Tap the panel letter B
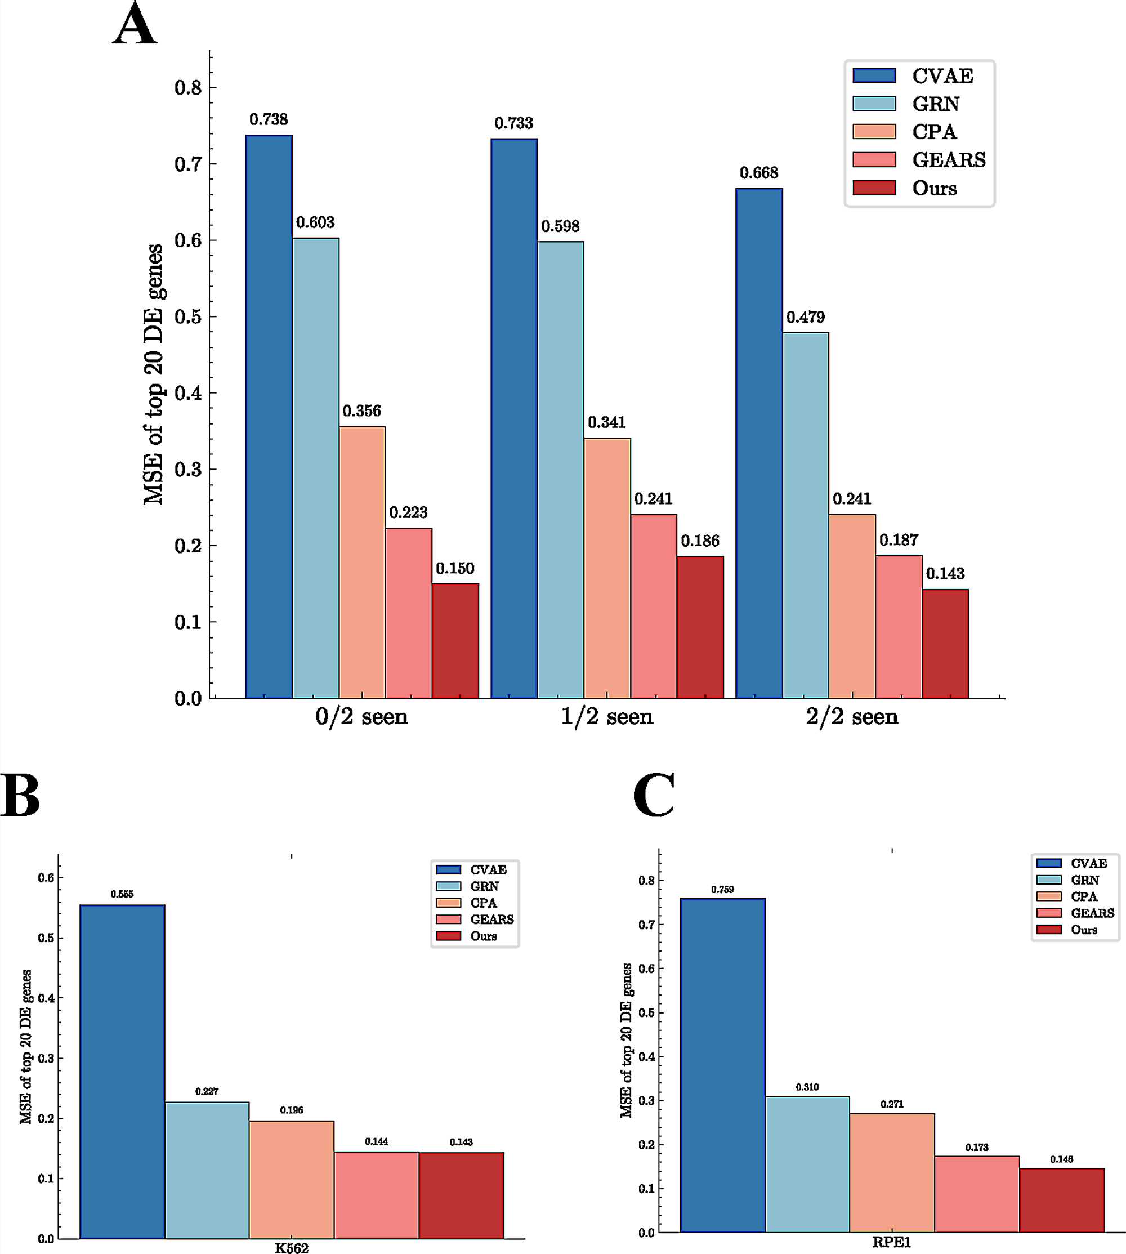(20, 796)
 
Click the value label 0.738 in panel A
(269, 119)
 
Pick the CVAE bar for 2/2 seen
(759, 443)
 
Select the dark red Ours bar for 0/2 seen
(455, 641)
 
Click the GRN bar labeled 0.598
(561, 470)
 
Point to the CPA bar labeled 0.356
(362, 563)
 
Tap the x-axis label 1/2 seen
(607, 716)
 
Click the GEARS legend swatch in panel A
(874, 159)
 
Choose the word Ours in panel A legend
(934, 188)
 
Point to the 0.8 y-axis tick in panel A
(188, 88)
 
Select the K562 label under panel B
(292, 1247)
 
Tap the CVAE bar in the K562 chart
(123, 1072)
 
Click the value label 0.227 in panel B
(207, 1091)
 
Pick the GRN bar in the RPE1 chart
(807, 1164)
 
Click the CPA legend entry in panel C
(1084, 896)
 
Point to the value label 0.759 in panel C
(723, 890)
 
